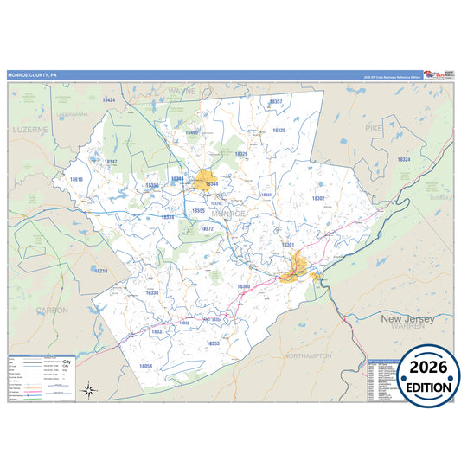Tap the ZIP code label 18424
[x=109, y=100]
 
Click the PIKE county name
[x=374, y=128]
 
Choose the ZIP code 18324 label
[x=404, y=159]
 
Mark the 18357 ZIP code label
[x=276, y=101]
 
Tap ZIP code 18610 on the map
[x=76, y=179]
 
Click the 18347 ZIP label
[x=110, y=162]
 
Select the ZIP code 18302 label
[x=318, y=198]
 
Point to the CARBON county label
[x=52, y=309]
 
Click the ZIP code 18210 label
[x=101, y=271]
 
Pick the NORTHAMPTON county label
[x=307, y=355]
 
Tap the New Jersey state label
[x=406, y=318]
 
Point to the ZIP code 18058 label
[x=146, y=367]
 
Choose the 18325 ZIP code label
[x=279, y=130]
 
